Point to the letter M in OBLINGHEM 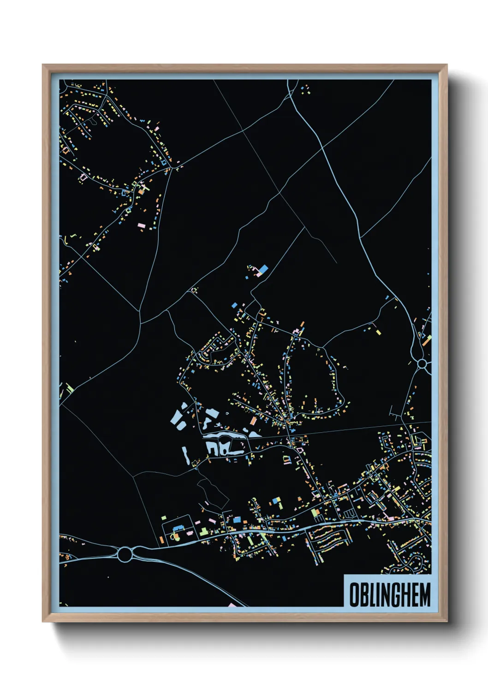[425, 595]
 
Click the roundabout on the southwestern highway [125, 553]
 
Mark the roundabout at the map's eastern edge [422, 364]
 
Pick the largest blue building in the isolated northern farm [263, 268]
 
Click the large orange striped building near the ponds [254, 421]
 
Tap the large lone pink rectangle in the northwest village [141, 225]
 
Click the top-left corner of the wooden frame [43, 65]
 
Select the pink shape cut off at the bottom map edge [232, 605]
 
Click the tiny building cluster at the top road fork [304, 88]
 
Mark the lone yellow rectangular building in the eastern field [378, 331]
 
